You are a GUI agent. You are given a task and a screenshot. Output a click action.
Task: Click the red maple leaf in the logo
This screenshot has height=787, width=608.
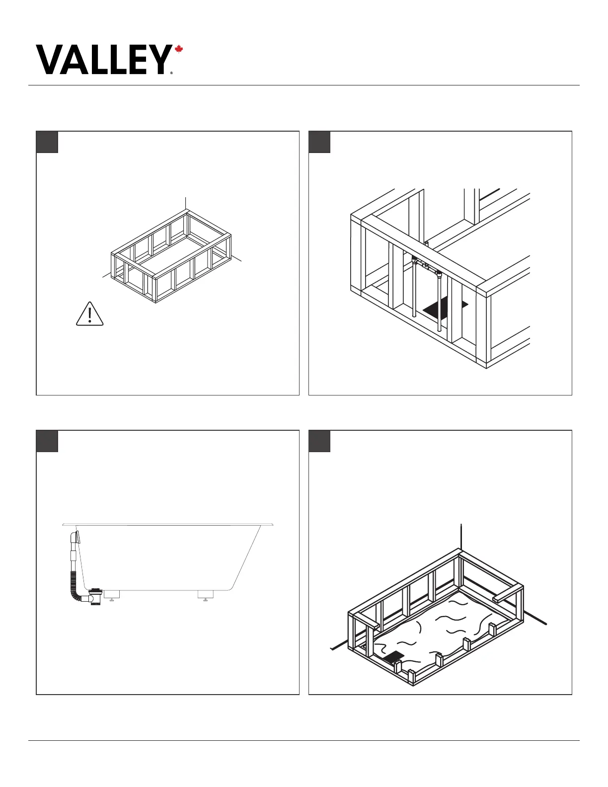coord(179,50)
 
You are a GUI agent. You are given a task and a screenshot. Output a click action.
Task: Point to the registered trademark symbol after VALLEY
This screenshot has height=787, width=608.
coord(171,73)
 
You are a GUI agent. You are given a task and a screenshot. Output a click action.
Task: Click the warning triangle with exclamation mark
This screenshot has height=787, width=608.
coord(90,315)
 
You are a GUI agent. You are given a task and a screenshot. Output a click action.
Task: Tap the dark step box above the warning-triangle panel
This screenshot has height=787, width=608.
coord(47,142)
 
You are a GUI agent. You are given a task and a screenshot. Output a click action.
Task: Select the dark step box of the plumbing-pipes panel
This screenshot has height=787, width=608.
coord(319,142)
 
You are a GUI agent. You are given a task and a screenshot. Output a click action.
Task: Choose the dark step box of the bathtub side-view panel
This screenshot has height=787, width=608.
coord(47,441)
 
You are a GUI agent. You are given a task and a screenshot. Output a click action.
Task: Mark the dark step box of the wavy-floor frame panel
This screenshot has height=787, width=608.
coord(319,441)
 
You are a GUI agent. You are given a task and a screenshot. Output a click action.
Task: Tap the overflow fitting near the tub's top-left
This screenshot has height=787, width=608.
coord(76,538)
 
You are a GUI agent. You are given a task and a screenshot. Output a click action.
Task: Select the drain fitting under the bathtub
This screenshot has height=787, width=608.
coord(96,596)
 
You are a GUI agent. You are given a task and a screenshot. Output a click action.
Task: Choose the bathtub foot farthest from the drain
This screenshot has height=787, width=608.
coord(206,595)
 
